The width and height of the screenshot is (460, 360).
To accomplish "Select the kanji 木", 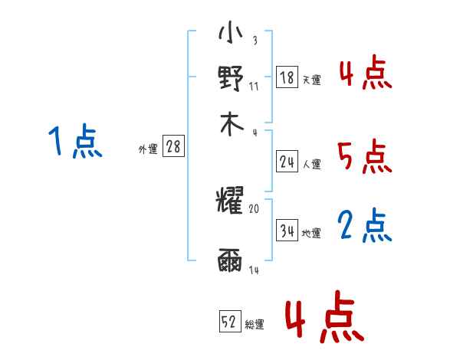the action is click(230, 124).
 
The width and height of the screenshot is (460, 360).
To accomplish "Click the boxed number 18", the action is click(287, 77).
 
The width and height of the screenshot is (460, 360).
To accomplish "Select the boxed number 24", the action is click(287, 162).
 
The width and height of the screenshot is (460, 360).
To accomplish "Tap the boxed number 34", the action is click(287, 230).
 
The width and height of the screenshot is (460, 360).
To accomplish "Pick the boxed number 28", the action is click(173, 146).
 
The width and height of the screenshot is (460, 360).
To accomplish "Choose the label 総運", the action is click(255, 324).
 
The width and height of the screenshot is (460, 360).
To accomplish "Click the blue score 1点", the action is click(75, 142).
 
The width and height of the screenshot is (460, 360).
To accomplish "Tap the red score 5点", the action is click(365, 158).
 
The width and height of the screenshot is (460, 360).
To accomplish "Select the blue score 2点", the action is click(365, 226).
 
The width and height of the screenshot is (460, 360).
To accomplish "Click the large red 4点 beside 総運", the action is click(324, 316).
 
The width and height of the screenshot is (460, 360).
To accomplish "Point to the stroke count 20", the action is click(255, 208).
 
